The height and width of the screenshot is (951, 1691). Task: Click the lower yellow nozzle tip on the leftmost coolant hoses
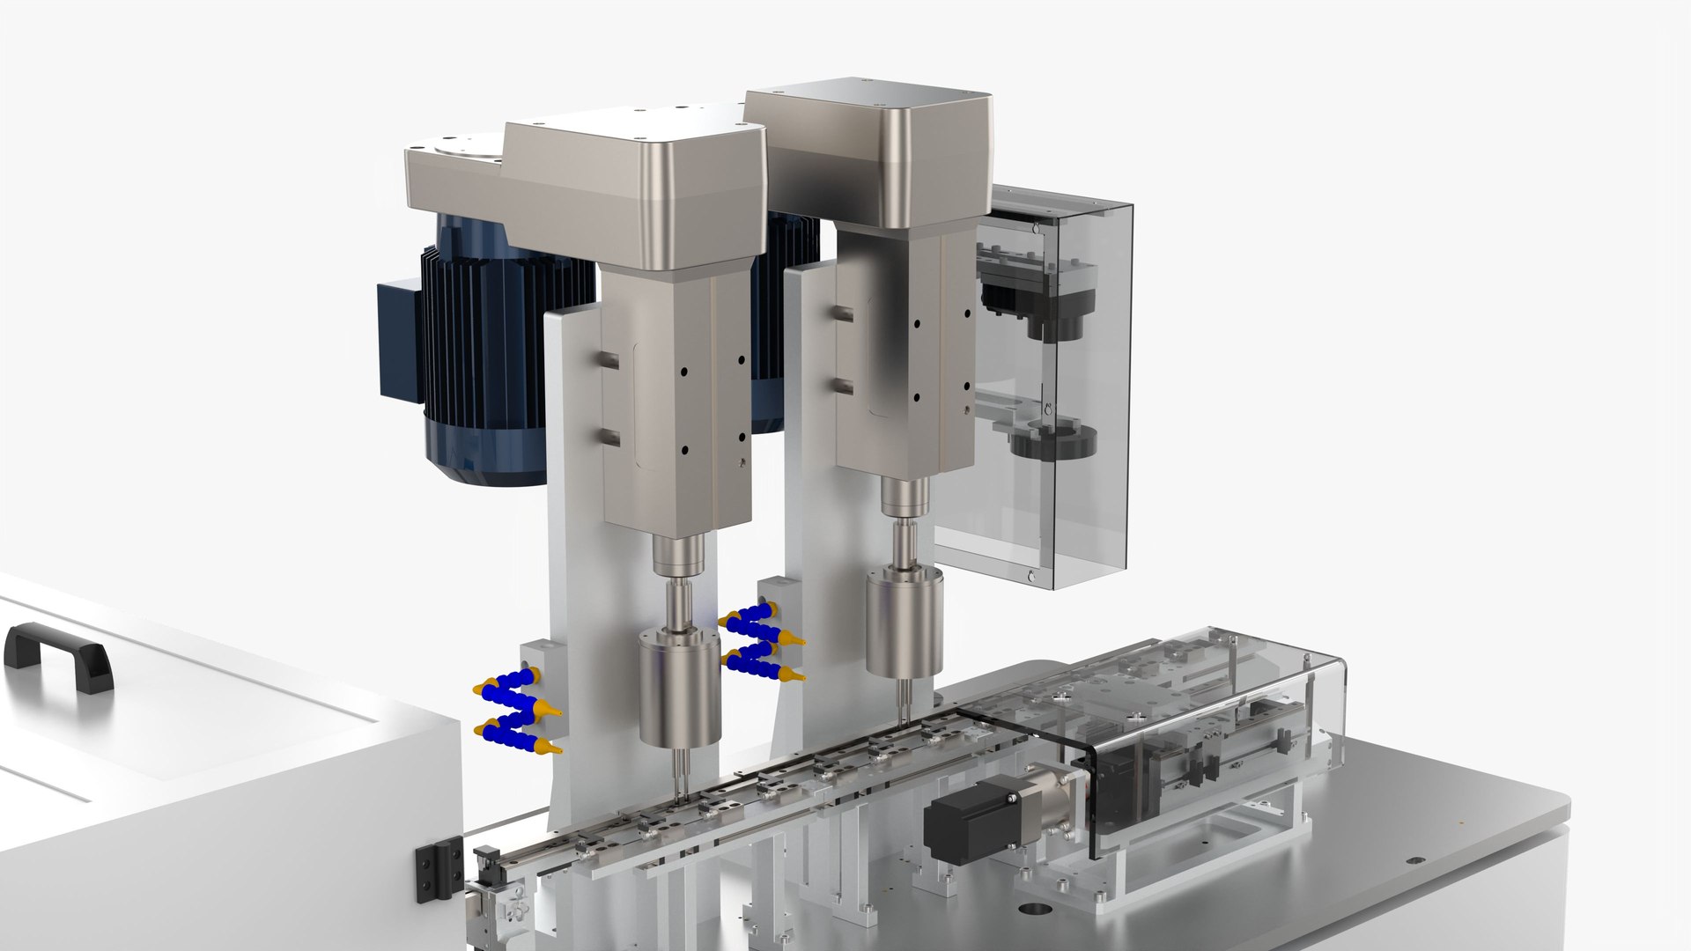click(x=554, y=750)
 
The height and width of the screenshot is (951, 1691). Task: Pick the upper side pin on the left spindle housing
click(x=609, y=358)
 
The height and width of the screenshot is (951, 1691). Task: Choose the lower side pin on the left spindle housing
click(x=609, y=436)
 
